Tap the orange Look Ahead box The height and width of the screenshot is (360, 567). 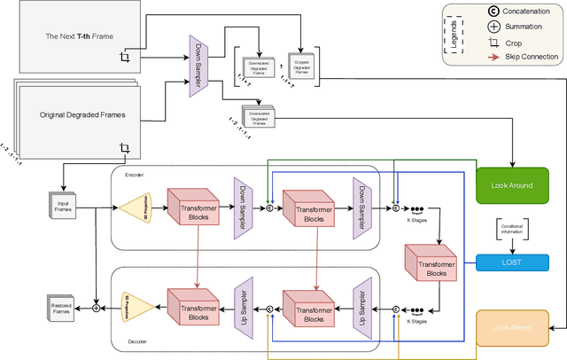(x=513, y=327)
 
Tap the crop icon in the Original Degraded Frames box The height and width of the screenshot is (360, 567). (x=125, y=148)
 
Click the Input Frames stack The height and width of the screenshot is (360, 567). (x=62, y=205)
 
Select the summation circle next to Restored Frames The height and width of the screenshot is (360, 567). (x=97, y=309)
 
